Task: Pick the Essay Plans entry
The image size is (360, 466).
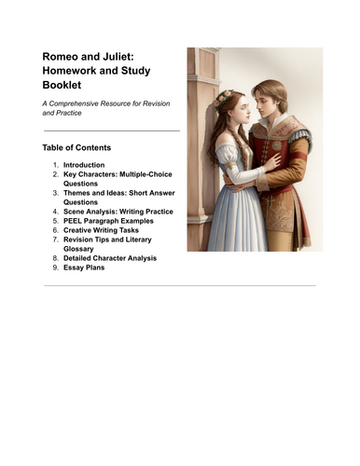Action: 84,267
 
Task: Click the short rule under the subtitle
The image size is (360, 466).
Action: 111,130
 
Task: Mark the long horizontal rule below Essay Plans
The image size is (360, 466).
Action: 179,285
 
